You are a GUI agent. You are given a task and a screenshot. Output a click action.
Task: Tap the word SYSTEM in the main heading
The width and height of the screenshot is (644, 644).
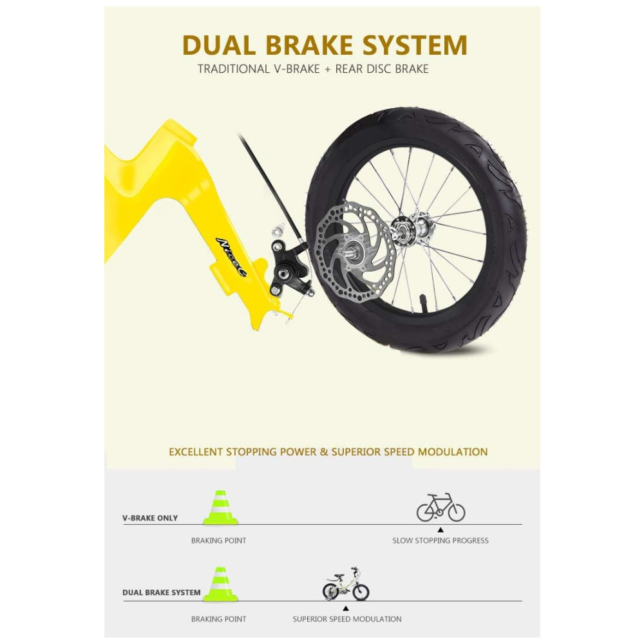click(413, 45)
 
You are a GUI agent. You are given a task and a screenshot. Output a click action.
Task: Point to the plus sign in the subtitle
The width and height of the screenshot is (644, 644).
click(327, 69)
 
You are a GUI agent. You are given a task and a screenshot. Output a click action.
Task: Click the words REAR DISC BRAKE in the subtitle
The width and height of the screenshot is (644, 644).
click(381, 69)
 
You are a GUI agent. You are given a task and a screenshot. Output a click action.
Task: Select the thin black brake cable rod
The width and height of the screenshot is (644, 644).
click(270, 180)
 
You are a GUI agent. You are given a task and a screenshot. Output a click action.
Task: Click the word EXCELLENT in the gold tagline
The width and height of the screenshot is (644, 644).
click(196, 452)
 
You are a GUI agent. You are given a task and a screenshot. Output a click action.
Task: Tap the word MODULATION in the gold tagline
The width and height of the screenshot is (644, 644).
click(453, 452)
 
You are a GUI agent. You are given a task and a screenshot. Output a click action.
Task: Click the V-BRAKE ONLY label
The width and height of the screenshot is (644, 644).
click(150, 518)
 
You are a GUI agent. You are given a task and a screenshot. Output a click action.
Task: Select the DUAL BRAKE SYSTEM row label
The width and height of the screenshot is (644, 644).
click(162, 592)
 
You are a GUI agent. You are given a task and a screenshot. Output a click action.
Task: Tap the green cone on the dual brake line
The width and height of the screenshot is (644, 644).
click(220, 585)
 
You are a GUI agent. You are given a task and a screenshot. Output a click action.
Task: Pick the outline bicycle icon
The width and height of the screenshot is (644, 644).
click(440, 507)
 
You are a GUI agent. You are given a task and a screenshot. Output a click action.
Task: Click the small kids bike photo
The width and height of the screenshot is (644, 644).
click(346, 585)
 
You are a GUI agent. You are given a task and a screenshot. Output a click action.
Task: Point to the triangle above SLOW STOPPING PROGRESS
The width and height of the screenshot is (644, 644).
click(440, 530)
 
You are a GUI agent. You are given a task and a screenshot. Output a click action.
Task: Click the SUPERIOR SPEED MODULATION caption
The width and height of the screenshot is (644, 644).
click(347, 619)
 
